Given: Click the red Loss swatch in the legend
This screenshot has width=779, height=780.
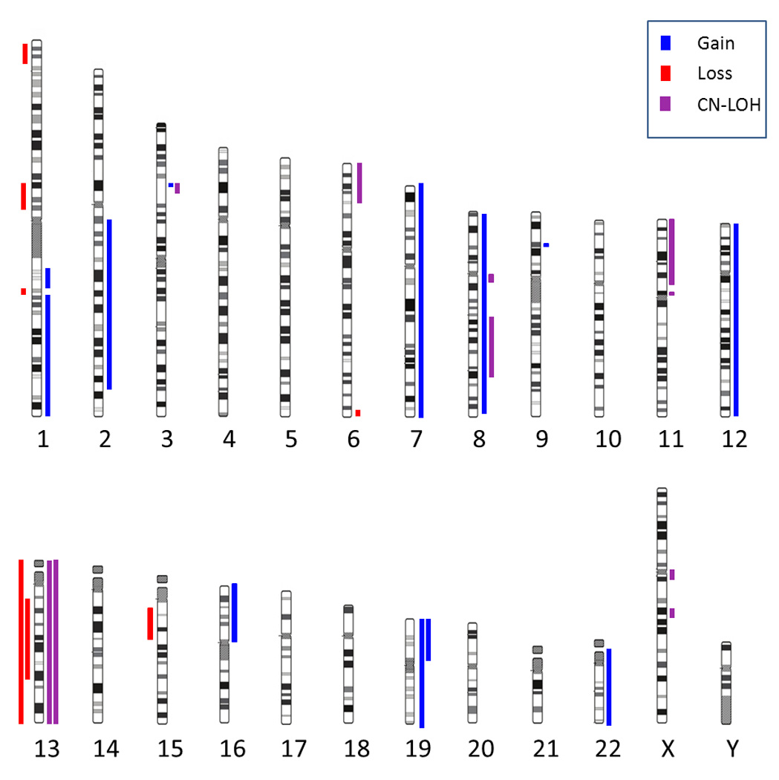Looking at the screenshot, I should pos(665,73).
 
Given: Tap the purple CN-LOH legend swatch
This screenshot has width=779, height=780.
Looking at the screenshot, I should pos(665,103).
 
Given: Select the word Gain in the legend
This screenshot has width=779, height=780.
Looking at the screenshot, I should pos(715,43).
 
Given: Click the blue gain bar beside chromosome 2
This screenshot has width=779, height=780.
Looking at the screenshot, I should pos(109,304).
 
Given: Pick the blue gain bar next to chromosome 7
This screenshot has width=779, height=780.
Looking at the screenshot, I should pos(421,300).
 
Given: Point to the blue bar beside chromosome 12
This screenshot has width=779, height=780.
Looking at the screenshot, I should pos(736,319).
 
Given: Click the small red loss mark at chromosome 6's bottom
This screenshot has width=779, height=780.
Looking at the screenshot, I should pos(358,412).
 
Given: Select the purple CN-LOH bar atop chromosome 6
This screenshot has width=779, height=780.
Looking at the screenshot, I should pos(359,183).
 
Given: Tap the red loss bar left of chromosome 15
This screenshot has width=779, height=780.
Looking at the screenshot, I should pos(150,623).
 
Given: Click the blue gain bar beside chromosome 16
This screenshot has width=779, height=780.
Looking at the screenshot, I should pos(235,612).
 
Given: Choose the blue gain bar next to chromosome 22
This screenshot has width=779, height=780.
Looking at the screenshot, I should pos(609,686).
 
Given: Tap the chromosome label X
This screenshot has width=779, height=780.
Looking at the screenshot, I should pos(668,750).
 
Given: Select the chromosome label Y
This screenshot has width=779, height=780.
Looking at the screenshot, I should pos(732,750).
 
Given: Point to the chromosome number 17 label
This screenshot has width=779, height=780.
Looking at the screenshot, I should pos(295,750).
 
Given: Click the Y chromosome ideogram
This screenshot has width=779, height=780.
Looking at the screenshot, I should pos(726,683).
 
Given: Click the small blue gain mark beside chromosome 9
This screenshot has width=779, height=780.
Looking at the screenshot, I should pos(546,244).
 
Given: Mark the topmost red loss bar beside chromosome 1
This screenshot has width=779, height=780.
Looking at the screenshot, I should pos(25,53).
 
